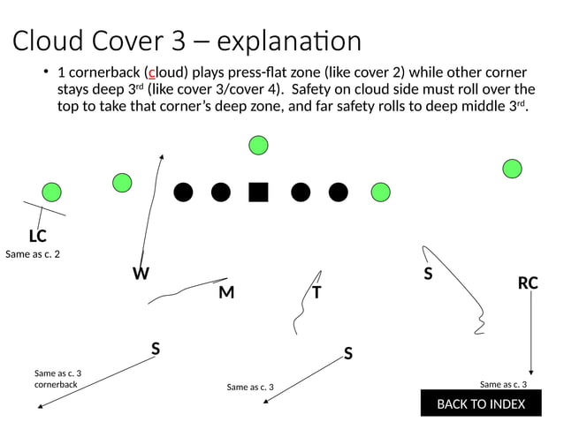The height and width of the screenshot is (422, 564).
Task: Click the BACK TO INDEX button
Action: (x=480, y=403)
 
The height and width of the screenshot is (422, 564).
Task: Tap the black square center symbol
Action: (x=258, y=192)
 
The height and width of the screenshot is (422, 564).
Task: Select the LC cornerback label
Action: (x=37, y=236)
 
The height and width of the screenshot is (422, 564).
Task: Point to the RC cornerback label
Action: (x=528, y=283)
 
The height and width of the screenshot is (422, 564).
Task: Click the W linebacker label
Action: (x=141, y=274)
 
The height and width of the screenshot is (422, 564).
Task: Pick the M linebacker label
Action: (x=226, y=292)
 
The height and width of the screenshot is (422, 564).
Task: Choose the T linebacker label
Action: (x=316, y=292)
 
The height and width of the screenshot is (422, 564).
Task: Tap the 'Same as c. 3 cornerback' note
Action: (x=57, y=379)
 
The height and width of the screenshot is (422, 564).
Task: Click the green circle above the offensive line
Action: (x=258, y=144)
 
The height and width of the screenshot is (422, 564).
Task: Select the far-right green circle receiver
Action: (x=512, y=168)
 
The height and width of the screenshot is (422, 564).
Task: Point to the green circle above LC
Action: (x=52, y=192)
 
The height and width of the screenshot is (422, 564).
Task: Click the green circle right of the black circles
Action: (x=380, y=192)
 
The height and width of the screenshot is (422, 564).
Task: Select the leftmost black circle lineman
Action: (x=183, y=192)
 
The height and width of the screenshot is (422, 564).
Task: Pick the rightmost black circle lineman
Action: (x=338, y=192)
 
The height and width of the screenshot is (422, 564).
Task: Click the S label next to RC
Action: (x=428, y=274)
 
